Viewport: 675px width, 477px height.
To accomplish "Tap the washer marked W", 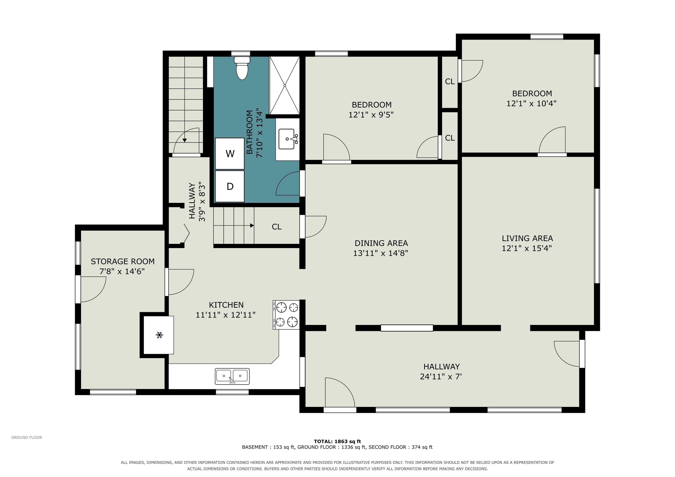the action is pos(230,154).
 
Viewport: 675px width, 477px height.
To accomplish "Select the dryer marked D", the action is pos(230,186).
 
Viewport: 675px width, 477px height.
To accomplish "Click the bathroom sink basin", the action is pos(287,139).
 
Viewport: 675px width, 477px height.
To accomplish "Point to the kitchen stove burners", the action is pos(286,315).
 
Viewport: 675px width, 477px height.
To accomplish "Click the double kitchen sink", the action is pos(232,376).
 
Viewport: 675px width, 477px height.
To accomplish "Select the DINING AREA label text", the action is pos(381,243).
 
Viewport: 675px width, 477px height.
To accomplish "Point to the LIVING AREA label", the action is pos(527,238).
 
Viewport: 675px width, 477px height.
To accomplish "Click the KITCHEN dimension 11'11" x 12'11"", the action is pos(225,315).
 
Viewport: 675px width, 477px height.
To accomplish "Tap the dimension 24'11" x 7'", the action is pos(441,377).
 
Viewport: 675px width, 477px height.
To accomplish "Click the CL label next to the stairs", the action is pos(277,227).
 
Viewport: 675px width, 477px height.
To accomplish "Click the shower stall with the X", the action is pos(285,85).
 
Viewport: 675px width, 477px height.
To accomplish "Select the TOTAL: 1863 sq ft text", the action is pos(337,441).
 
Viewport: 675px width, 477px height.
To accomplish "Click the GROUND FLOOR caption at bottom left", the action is pos(27,437).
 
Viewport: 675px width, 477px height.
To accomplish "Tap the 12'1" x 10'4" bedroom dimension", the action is pos(531,103).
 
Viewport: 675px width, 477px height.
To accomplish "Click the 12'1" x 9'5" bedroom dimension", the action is pos(371,115).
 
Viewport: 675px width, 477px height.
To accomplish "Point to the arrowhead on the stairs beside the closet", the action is pos(252,226).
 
